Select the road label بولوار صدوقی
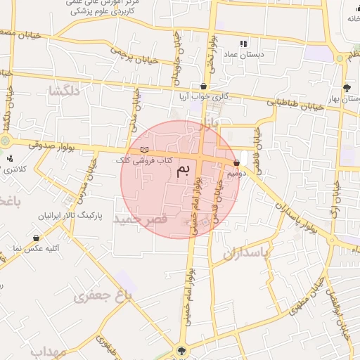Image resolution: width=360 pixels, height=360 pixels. click(x=52, y=146)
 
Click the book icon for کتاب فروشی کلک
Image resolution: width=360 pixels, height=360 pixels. click(x=145, y=150)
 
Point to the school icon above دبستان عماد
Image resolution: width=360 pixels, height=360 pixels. click(x=244, y=43)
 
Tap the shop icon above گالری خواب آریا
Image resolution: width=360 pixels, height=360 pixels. click(x=203, y=86)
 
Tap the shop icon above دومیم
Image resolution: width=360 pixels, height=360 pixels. click(x=236, y=162)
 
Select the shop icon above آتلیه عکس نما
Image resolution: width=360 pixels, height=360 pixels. click(x=36, y=238)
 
